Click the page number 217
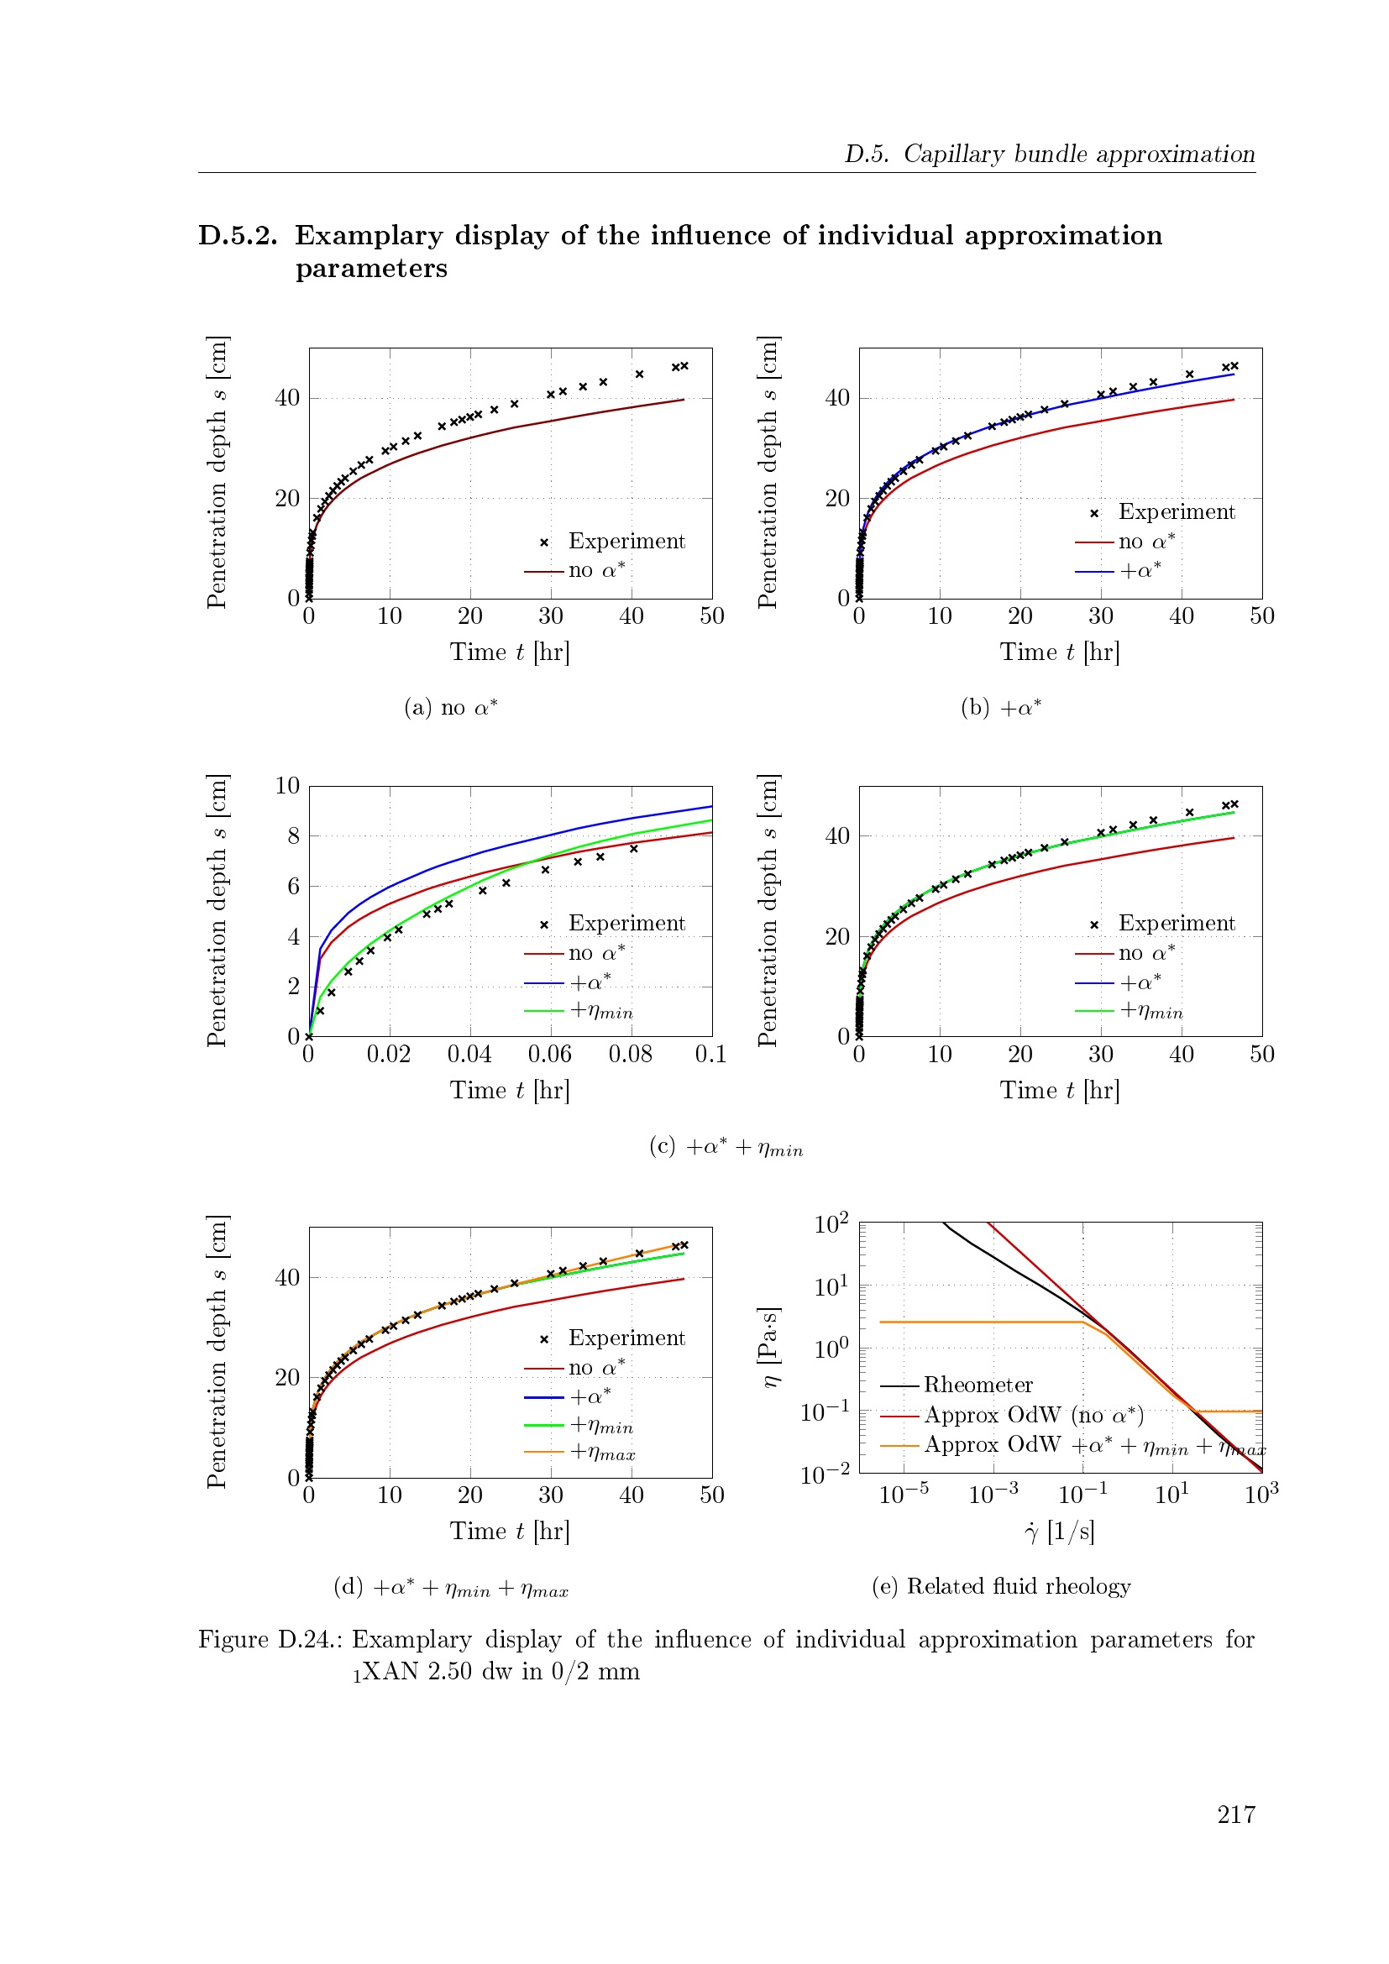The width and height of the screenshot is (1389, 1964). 1236,1815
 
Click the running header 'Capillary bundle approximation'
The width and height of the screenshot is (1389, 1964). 1079,154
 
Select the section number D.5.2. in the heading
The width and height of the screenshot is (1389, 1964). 238,235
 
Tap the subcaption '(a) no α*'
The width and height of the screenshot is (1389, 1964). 451,707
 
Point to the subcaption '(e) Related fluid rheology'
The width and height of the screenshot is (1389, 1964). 1001,1587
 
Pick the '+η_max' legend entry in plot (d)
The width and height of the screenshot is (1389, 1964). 579,1453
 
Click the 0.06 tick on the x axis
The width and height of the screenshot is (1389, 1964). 550,1055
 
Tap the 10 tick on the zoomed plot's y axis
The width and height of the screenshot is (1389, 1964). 287,786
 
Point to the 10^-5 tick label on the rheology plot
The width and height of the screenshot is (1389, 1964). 904,1493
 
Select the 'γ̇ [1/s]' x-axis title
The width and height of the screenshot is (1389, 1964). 1060,1531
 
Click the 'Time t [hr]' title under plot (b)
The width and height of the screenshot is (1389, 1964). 1060,652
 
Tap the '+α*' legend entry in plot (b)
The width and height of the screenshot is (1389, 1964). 1118,570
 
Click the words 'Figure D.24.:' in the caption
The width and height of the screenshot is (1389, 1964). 271,1640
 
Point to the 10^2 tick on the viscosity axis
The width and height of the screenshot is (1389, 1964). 831,1223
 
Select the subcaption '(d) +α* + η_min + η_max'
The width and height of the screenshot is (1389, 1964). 451,1588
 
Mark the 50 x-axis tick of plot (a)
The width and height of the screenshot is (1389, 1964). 711,615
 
